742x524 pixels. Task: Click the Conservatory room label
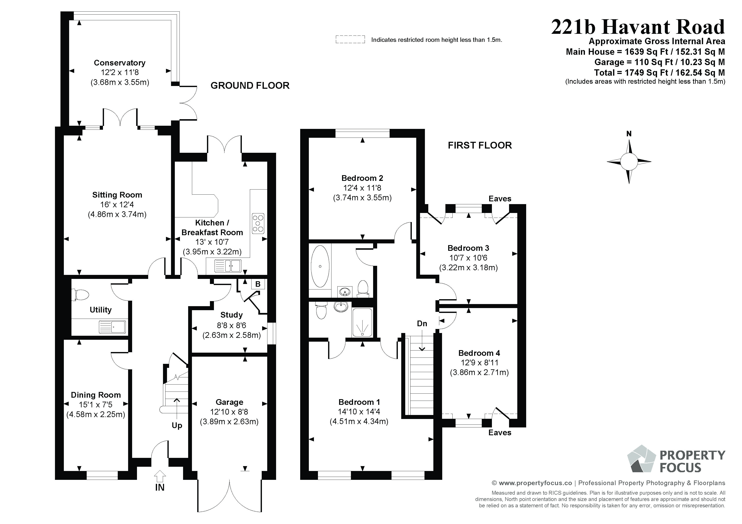[120, 63]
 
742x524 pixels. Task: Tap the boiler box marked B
[258, 284]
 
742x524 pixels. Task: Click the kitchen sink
[228, 266]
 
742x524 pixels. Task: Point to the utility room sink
[112, 327]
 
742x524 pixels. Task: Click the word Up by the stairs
[177, 426]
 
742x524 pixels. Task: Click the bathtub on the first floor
[320, 266]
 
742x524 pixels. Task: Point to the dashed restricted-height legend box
[350, 40]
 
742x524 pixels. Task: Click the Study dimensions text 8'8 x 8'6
[231, 325]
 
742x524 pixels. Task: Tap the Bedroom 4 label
[479, 353]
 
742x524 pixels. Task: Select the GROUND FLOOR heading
[250, 86]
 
